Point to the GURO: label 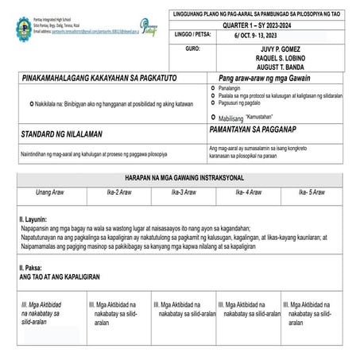(x=192, y=48)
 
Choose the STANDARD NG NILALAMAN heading (x=64, y=136)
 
